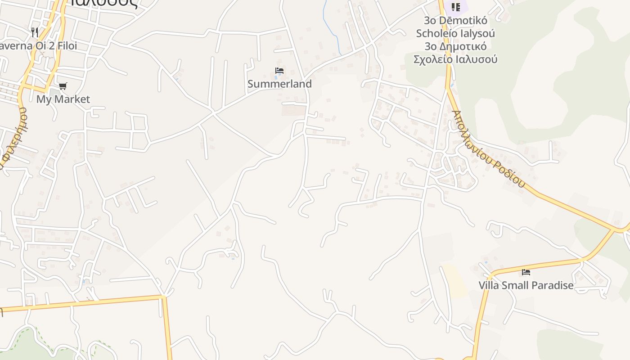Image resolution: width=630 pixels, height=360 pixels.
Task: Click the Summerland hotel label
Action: [x=279, y=84]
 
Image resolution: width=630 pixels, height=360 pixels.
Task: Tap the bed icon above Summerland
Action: [x=279, y=71]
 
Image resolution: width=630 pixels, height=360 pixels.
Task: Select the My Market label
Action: [x=63, y=99]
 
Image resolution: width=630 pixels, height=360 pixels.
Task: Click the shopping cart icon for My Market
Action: [x=63, y=86]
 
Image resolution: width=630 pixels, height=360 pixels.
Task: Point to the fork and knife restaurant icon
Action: [x=35, y=32]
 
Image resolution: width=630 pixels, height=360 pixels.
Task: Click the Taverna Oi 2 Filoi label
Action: [x=39, y=46]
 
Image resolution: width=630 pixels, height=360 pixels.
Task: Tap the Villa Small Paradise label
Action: [x=526, y=285]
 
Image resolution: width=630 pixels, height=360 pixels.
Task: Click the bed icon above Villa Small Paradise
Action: [x=526, y=272]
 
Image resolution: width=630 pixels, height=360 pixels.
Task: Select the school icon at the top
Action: [x=456, y=7]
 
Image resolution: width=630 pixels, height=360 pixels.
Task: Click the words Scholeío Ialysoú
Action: [x=455, y=33]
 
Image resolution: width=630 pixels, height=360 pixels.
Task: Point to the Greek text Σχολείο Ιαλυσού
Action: [x=455, y=59]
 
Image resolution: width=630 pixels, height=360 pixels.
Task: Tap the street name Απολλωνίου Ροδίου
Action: [x=489, y=148]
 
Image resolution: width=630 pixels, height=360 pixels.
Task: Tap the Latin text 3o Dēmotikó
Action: [x=455, y=20]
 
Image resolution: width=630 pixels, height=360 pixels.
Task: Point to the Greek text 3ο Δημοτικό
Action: [x=455, y=46]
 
